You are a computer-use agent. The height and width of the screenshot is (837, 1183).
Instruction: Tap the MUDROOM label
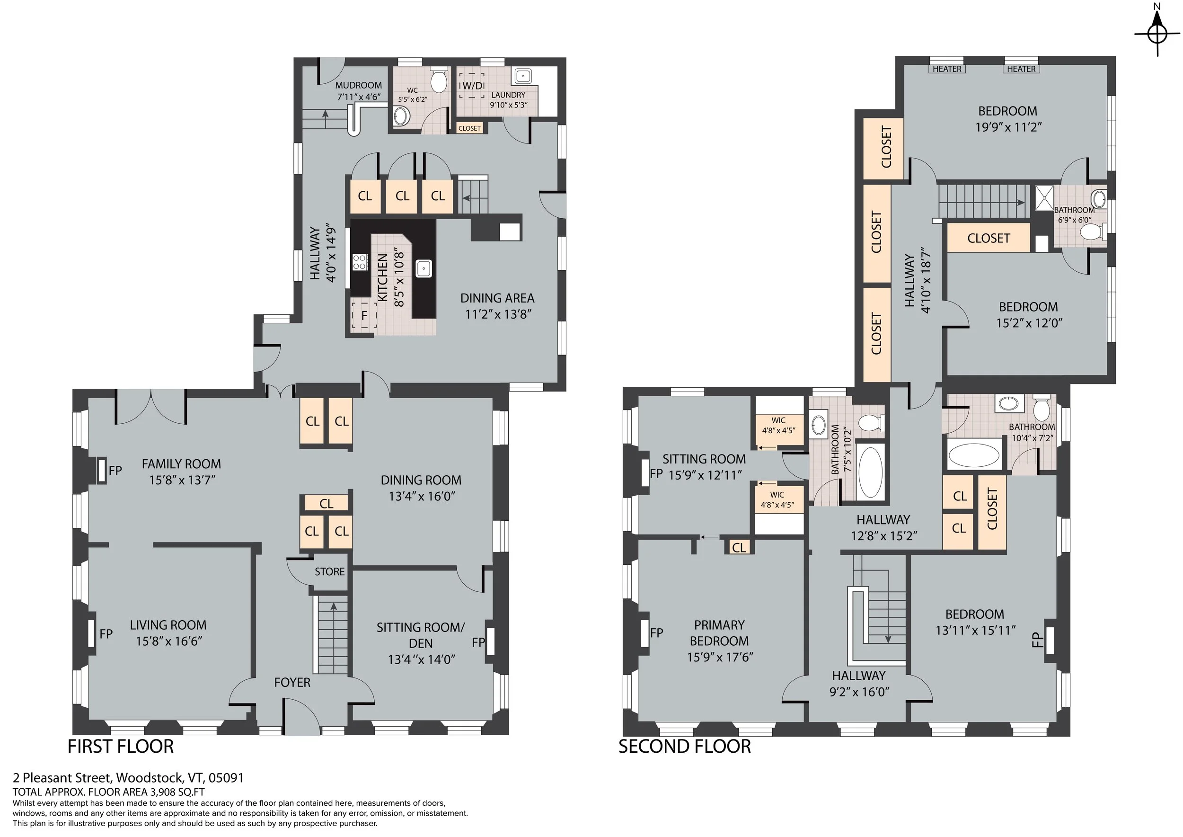(x=359, y=85)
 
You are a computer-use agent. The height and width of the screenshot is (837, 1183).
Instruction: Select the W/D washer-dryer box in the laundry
(x=472, y=86)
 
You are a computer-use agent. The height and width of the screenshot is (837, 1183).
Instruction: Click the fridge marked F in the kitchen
(x=364, y=315)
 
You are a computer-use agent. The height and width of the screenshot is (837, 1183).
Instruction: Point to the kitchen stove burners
(x=359, y=262)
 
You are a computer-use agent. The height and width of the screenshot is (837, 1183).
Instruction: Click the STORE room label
(x=330, y=571)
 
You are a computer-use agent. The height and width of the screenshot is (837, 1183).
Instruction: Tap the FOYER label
(x=292, y=682)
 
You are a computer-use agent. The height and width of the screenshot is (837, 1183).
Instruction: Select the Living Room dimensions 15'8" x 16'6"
(x=168, y=641)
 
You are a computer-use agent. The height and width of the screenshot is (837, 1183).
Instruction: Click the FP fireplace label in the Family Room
(x=115, y=470)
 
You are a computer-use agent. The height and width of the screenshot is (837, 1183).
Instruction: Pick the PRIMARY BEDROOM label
(x=719, y=633)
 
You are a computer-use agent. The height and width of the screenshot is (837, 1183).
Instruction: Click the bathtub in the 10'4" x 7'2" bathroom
(x=974, y=455)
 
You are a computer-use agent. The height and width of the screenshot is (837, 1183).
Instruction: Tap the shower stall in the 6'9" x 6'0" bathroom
(x=1045, y=198)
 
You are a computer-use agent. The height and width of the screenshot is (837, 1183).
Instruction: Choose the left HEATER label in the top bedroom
(x=947, y=69)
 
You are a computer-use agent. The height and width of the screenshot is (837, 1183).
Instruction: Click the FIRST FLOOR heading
(x=121, y=746)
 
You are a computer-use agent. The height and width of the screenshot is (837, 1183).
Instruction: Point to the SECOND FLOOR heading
(x=685, y=746)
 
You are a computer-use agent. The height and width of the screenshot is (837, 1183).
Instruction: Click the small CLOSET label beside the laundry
(x=469, y=128)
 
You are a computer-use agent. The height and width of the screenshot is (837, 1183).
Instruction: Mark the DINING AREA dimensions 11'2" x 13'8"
(x=498, y=314)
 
